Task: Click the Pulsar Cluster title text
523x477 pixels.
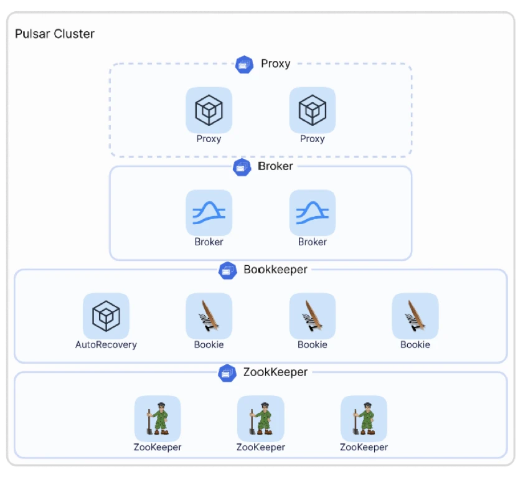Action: (x=55, y=34)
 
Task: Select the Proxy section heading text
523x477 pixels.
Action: (x=275, y=64)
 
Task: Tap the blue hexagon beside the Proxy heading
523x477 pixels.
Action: (x=244, y=64)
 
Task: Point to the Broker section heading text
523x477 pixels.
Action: (x=275, y=166)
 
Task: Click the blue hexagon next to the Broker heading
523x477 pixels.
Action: (x=242, y=167)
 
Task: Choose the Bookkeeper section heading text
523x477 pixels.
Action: (x=275, y=270)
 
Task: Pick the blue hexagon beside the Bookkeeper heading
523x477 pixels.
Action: (x=228, y=270)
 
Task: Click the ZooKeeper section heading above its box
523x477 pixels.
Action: (x=275, y=372)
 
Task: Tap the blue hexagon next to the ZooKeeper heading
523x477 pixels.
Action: (x=227, y=373)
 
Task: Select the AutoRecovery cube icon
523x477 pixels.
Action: (x=106, y=316)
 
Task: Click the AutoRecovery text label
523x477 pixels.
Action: (x=106, y=344)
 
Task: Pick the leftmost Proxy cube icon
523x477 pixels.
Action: (x=209, y=110)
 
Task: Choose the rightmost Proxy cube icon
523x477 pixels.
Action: (x=313, y=110)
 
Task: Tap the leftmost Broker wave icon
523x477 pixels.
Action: (x=209, y=213)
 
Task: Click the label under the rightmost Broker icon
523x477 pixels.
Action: (x=313, y=242)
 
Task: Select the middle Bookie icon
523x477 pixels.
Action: (x=313, y=316)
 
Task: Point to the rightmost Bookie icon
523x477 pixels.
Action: (x=415, y=316)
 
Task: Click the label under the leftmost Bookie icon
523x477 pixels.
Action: (x=209, y=344)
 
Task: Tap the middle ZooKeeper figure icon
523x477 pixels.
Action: (x=261, y=418)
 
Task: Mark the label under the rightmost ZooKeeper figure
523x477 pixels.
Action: (x=364, y=447)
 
